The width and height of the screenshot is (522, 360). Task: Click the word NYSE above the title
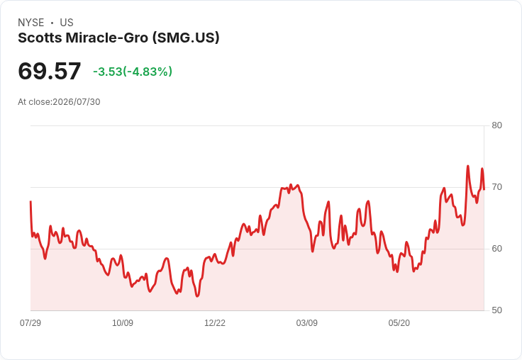tap(31, 23)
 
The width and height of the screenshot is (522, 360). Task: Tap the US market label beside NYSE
tap(67, 23)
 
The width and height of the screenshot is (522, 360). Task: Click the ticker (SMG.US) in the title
tap(186, 38)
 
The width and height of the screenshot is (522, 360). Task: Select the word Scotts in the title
tap(40, 38)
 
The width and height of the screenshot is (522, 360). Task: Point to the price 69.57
tap(49, 71)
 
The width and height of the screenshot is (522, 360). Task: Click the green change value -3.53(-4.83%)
tap(133, 72)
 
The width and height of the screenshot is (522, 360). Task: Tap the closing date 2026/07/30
tap(77, 102)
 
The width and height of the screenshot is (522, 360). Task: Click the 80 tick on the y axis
tap(496, 125)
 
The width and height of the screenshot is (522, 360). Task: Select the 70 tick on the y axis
tap(496, 187)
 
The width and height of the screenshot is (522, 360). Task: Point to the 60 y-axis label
tap(496, 249)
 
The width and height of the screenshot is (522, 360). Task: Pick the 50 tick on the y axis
tap(496, 310)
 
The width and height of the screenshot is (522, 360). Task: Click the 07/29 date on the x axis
tap(30, 323)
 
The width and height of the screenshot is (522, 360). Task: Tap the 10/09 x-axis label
tap(123, 323)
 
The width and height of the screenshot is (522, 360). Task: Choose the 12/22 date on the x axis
tap(215, 323)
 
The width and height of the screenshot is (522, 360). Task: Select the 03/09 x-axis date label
tap(306, 323)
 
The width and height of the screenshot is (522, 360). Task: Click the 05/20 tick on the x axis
tap(399, 323)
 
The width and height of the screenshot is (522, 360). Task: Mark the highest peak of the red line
tap(467, 166)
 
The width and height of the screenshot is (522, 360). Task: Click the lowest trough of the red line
tap(197, 296)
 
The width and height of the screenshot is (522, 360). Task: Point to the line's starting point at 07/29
tap(30, 202)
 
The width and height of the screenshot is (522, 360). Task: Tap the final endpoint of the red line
tap(484, 189)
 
